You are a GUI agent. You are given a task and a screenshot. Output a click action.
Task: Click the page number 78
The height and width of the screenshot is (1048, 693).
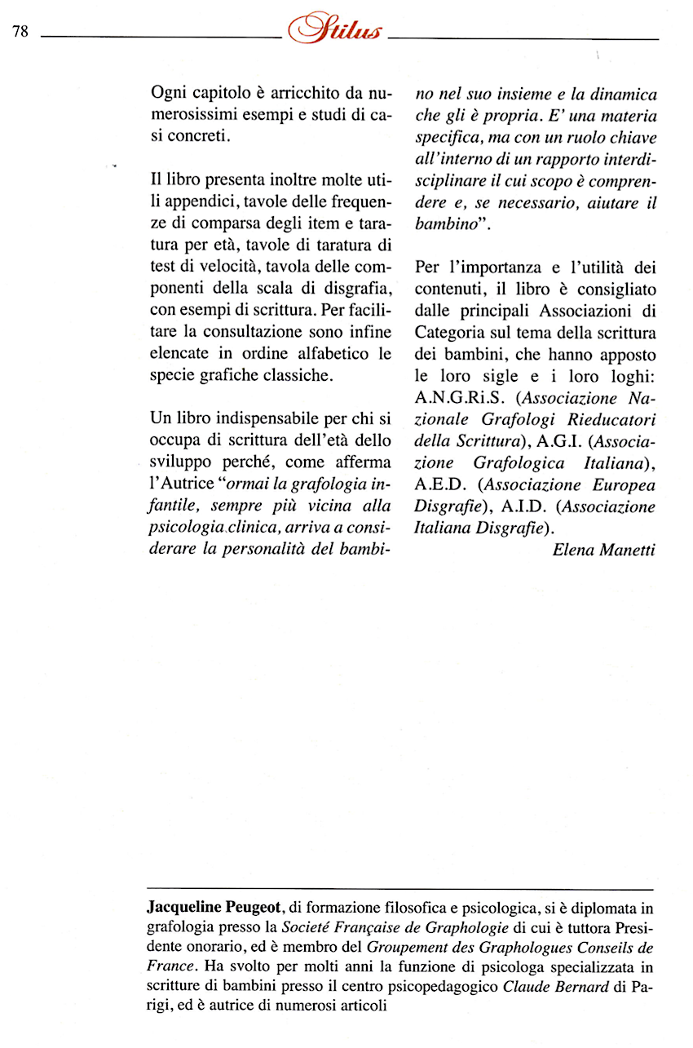coord(21,32)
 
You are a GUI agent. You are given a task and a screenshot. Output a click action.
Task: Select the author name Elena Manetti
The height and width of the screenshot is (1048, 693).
coord(603,550)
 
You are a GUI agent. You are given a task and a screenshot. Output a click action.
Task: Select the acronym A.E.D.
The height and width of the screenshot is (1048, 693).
coord(440,485)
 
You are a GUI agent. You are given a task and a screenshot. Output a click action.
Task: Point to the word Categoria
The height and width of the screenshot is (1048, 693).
coord(451,333)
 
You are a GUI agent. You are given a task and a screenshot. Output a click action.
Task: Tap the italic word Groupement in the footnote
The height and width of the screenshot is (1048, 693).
coord(408,947)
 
